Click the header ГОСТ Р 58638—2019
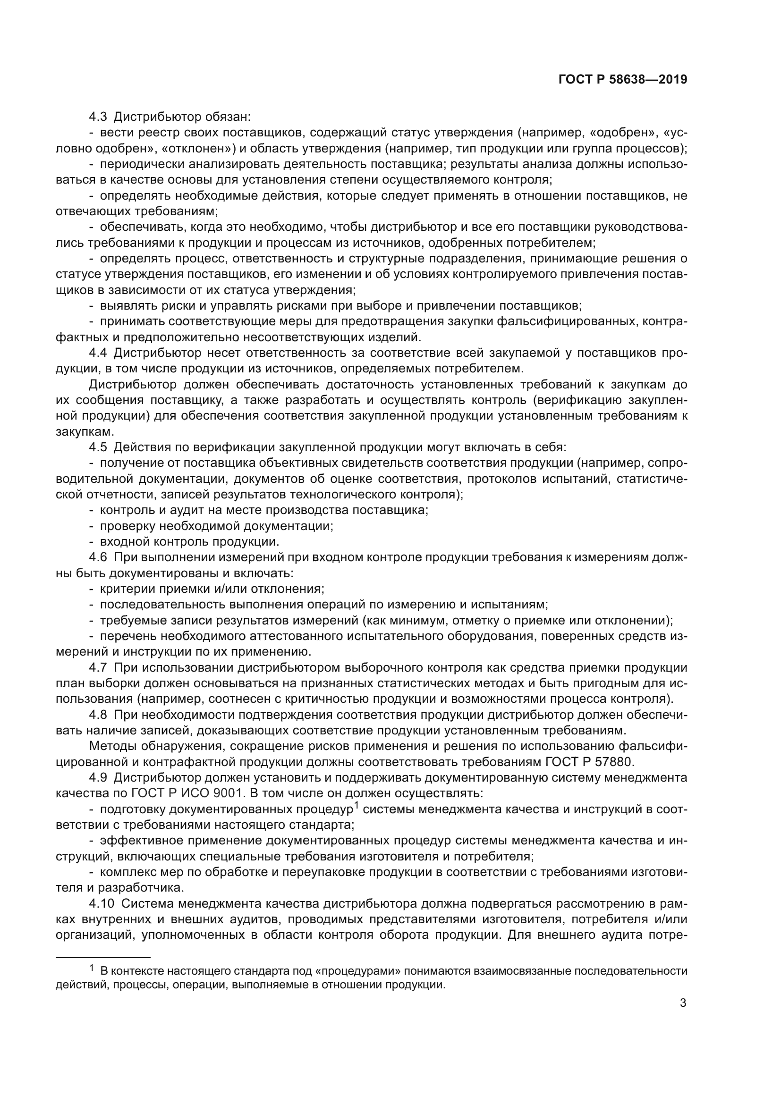pyautogui.click(x=622, y=80)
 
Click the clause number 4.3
pyautogui.click(x=98, y=117)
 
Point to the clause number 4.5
pyautogui.click(x=98, y=447)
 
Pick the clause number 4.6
pyautogui.click(x=98, y=558)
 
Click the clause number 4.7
pyautogui.click(x=98, y=668)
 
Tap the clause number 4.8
pyautogui.click(x=98, y=715)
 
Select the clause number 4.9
pyautogui.click(x=98, y=778)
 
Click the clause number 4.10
pyautogui.click(x=102, y=904)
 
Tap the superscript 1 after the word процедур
pyautogui.click(x=357, y=805)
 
